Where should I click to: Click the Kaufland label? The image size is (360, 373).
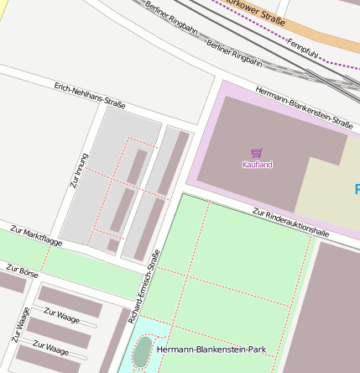pyautogui.click(x=257, y=165)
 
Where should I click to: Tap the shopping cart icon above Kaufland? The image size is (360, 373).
pyautogui.click(x=257, y=153)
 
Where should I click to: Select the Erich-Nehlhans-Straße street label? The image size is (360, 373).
pyautogui.click(x=89, y=96)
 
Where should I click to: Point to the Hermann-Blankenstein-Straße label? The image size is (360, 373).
pyautogui.click(x=304, y=108)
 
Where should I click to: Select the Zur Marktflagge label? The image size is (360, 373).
pyautogui.click(x=36, y=235)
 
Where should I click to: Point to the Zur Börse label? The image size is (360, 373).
pyautogui.click(x=22, y=271)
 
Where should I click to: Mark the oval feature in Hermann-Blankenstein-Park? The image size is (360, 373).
pyautogui.click(x=143, y=351)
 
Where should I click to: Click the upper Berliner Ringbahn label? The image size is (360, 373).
pyautogui.click(x=170, y=17)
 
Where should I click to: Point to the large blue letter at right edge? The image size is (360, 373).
pyautogui.click(x=356, y=189)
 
